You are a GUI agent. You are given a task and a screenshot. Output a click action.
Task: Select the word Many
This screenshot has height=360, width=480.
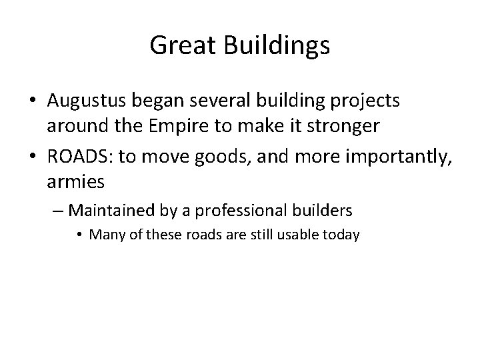[103, 235]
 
